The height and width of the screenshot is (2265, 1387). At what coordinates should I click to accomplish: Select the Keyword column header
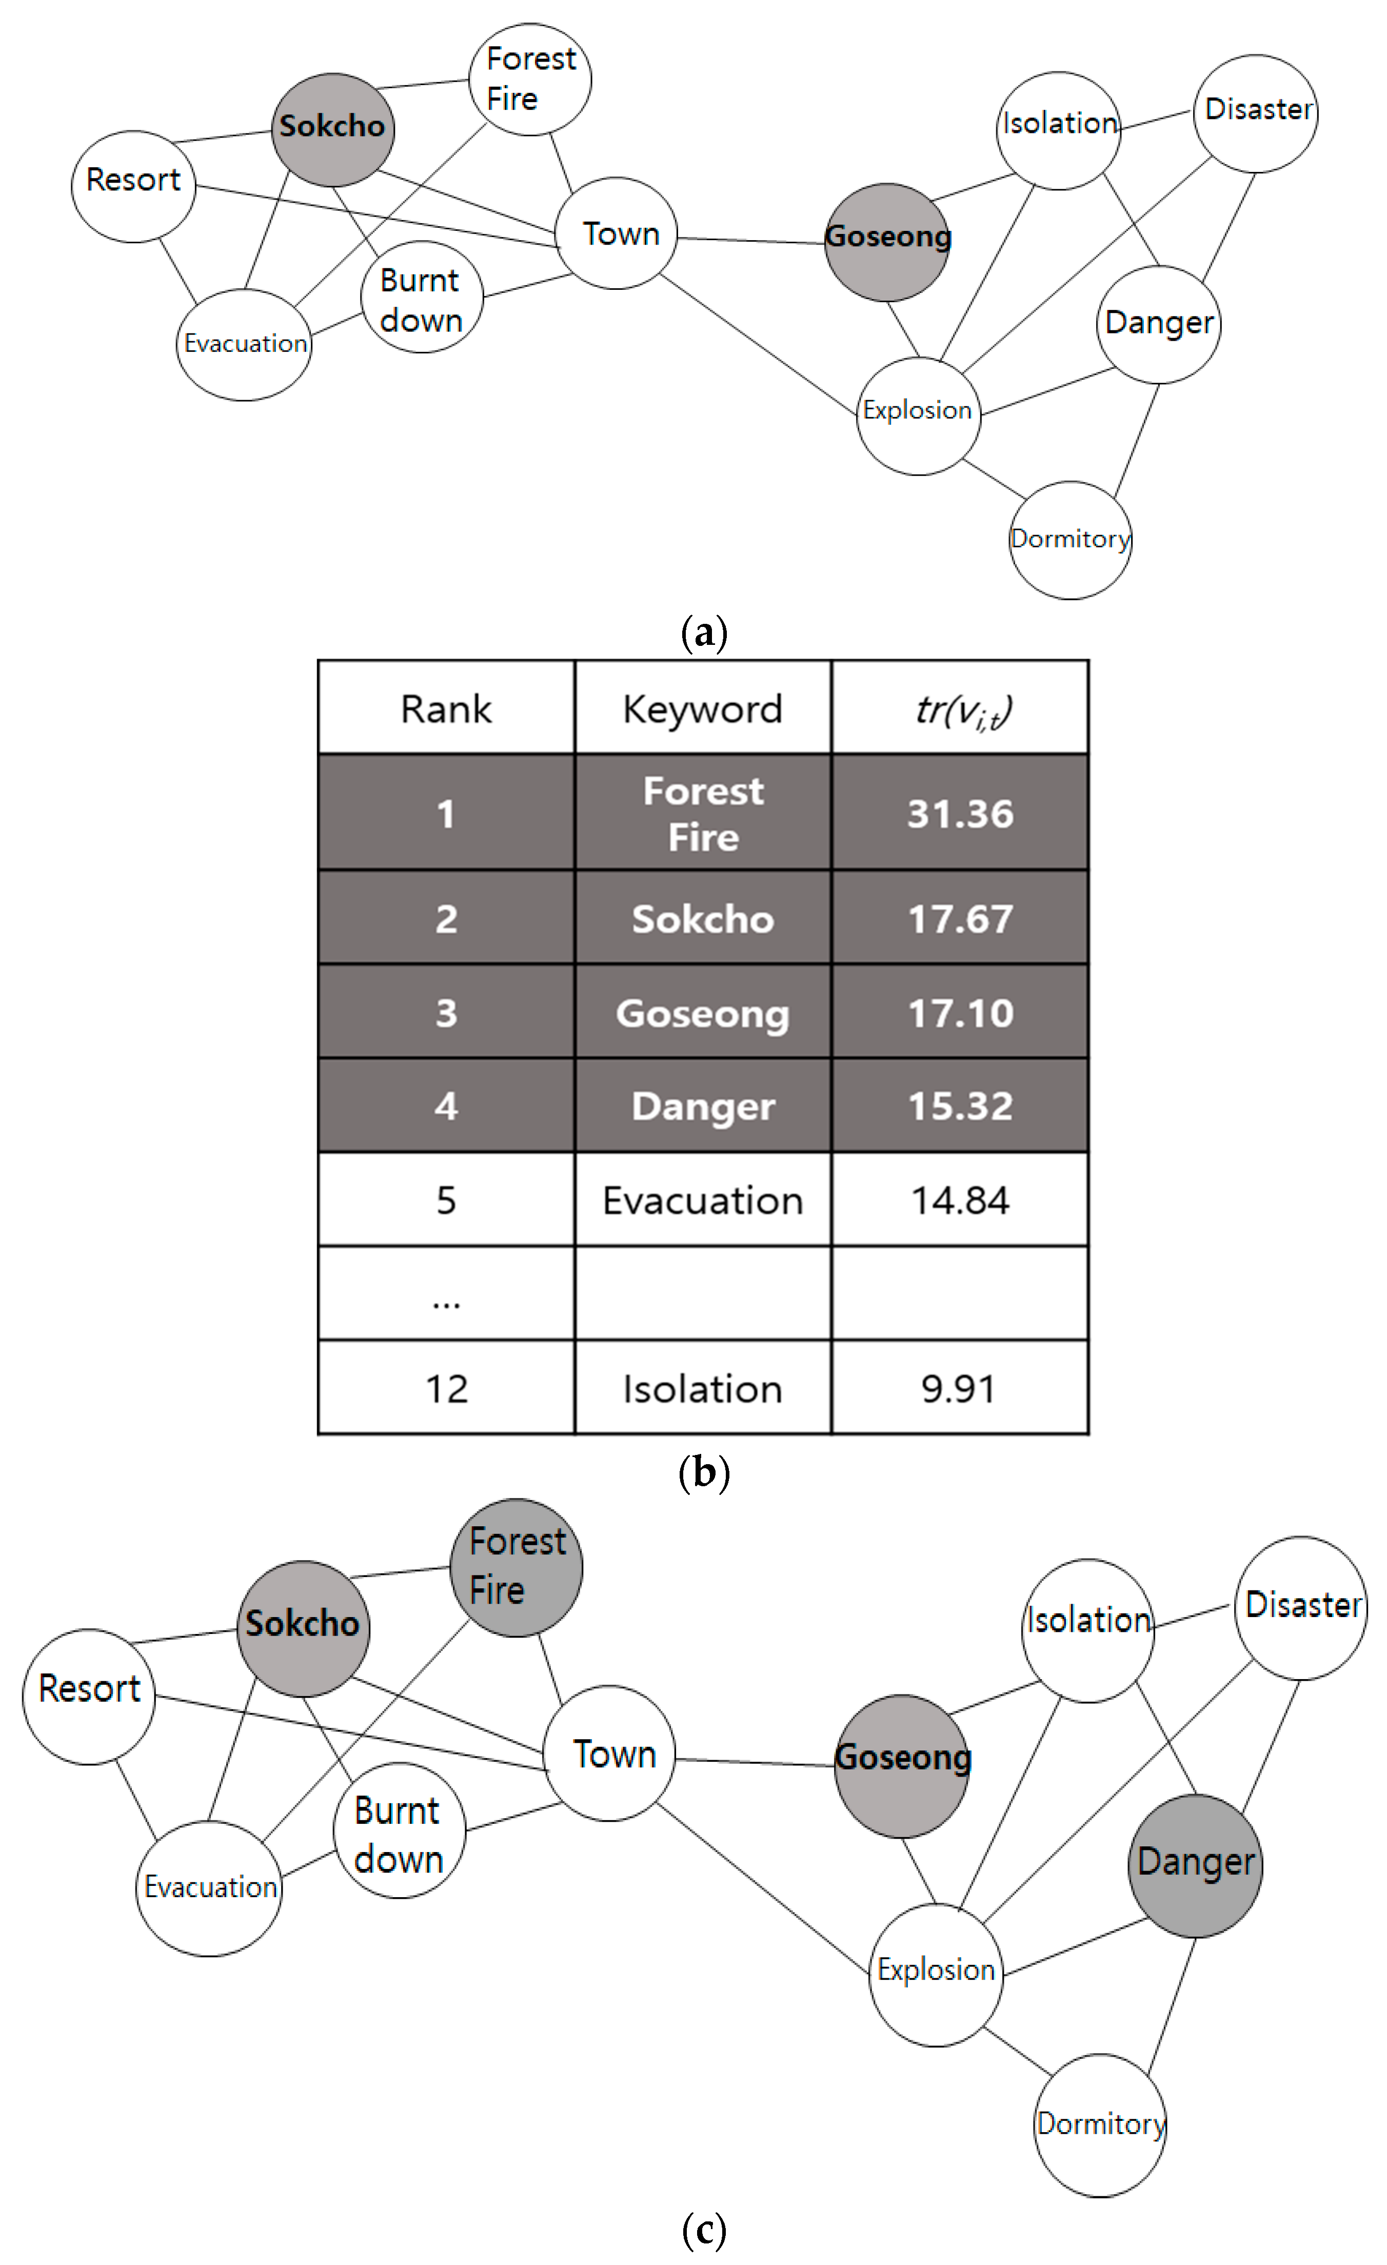pos(702,708)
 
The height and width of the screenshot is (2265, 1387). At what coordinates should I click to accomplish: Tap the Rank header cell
pos(446,708)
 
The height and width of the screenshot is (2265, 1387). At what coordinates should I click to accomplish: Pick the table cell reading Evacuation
pos(702,1199)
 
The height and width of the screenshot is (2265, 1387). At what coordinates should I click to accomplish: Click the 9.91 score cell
pos(960,1388)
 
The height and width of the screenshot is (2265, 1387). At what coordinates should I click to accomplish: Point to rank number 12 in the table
pos(446,1388)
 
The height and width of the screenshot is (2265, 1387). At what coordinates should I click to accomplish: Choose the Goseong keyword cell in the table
pos(702,1012)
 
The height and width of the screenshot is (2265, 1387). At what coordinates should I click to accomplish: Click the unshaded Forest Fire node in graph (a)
pos(530,80)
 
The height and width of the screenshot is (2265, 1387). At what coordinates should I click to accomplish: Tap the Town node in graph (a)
pos(617,233)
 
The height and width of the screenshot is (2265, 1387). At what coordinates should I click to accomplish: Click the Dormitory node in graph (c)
pos(1100,2124)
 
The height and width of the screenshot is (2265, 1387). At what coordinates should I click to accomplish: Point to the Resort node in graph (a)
pos(133,187)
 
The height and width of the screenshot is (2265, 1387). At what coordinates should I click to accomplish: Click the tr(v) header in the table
pos(960,708)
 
